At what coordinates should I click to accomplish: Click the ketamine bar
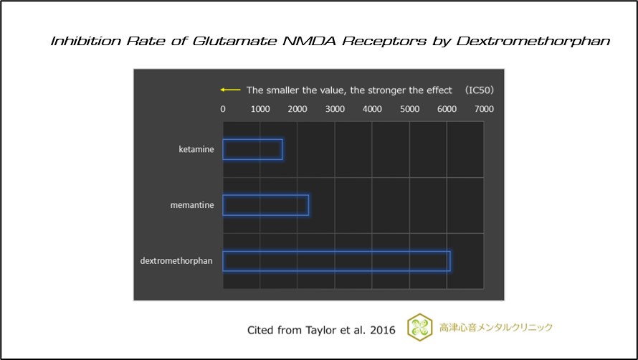(252, 149)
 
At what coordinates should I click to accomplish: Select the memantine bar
(265, 205)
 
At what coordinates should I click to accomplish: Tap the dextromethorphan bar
(336, 261)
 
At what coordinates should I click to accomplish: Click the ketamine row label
(196, 149)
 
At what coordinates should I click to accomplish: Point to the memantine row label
(192, 205)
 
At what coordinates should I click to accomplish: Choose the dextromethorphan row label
(176, 261)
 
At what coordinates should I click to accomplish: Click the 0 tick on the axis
(223, 109)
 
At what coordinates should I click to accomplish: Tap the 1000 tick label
(260, 109)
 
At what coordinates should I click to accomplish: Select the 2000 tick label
(297, 109)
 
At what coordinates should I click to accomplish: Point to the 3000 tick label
(335, 109)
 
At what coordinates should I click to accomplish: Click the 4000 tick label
(372, 109)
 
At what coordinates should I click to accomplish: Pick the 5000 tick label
(409, 109)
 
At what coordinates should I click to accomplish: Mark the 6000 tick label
(447, 109)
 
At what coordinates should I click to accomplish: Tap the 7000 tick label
(484, 109)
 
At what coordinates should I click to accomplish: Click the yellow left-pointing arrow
(230, 90)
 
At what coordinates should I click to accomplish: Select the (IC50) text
(480, 90)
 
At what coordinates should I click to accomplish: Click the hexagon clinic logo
(419, 328)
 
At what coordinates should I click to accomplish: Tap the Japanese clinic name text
(496, 328)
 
